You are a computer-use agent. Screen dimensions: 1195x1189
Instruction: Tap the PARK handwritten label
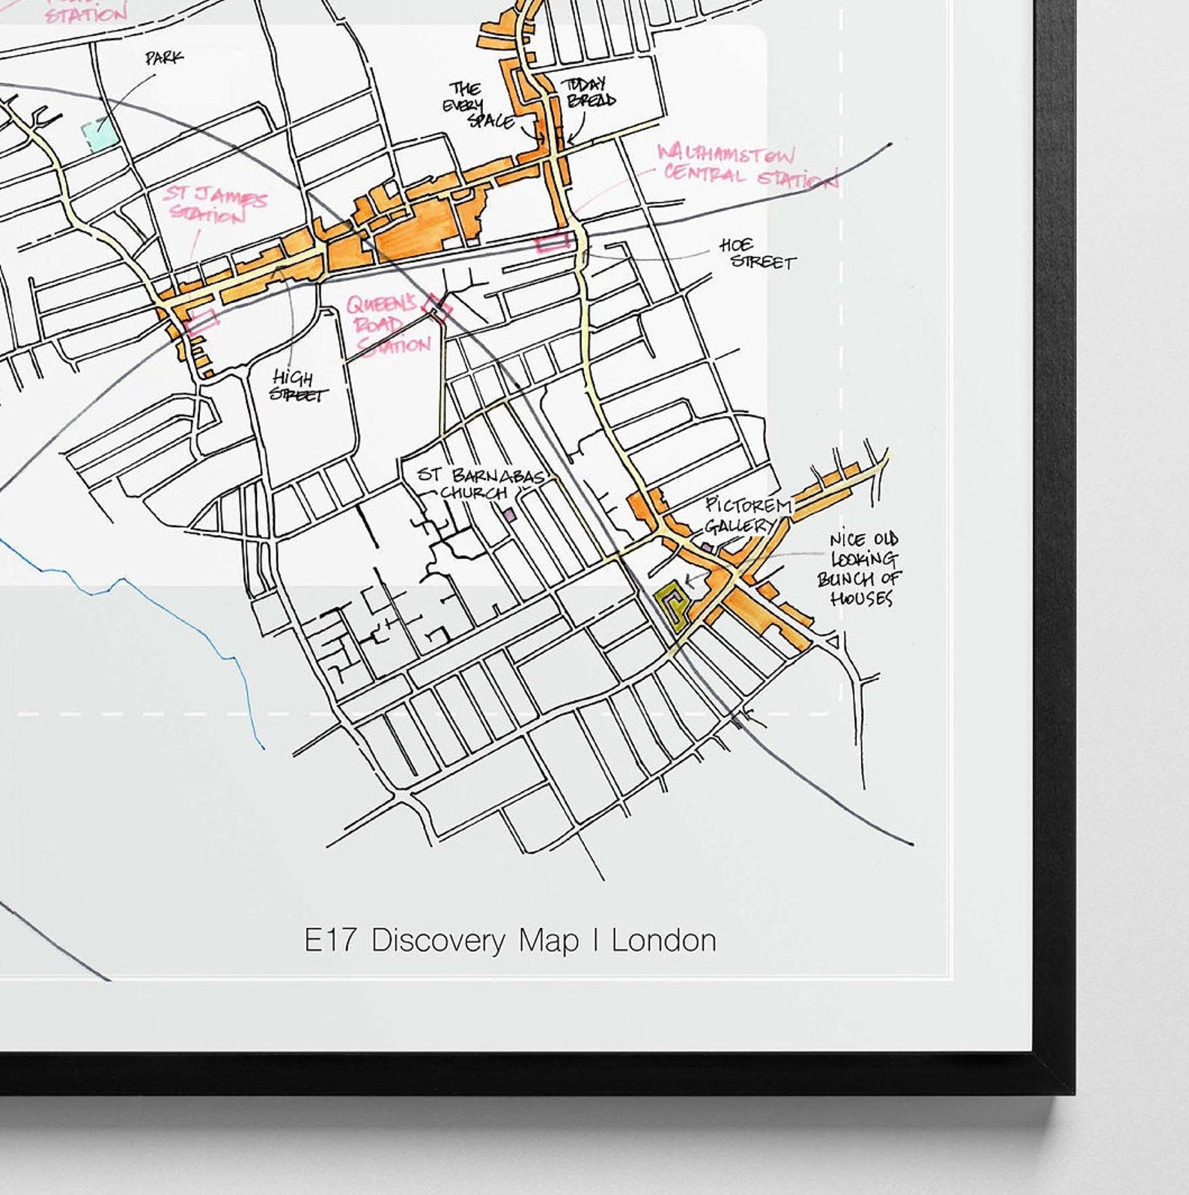[x=164, y=58]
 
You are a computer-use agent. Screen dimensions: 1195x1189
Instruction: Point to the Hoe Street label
[x=756, y=254]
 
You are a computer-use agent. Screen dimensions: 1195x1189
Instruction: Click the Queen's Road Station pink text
[x=386, y=326]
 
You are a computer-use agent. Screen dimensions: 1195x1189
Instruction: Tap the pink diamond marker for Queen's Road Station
[x=437, y=308]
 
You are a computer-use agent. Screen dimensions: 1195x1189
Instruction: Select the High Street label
[x=297, y=385]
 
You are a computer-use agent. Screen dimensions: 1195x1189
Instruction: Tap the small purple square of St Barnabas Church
[x=509, y=515]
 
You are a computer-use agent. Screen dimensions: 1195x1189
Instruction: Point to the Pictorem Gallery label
[x=745, y=516]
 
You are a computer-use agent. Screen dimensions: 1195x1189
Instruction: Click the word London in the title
[x=663, y=941]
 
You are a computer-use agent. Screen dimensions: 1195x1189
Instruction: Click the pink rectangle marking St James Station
[x=201, y=321]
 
